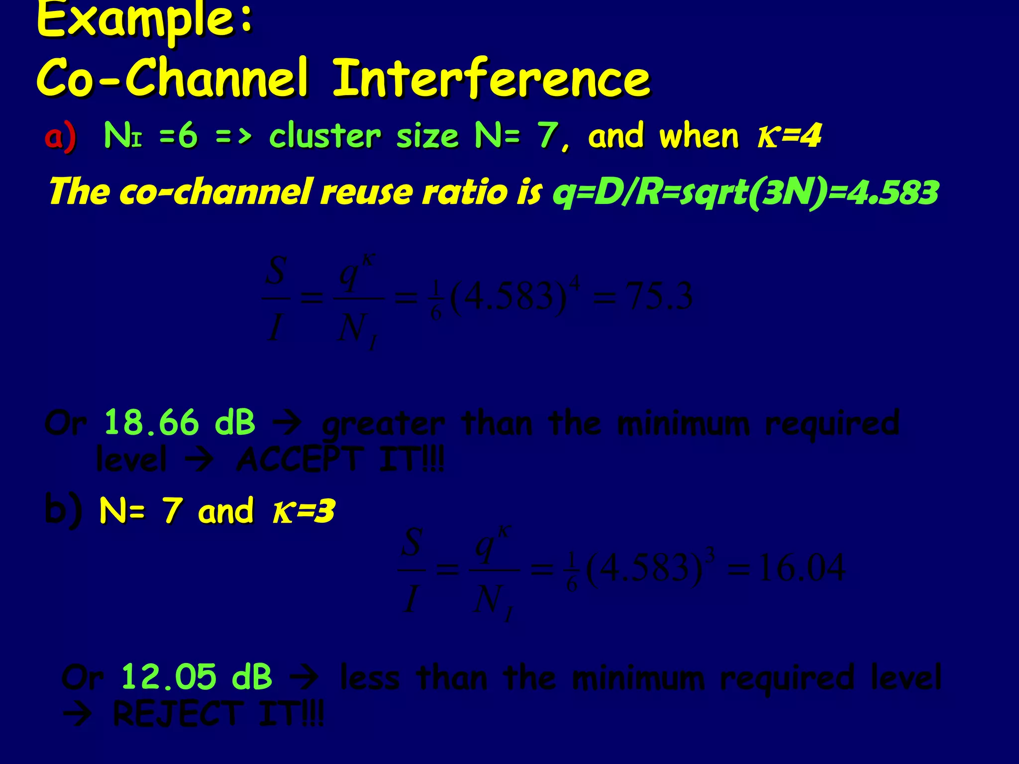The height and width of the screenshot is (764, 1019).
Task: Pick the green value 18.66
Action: coord(151,423)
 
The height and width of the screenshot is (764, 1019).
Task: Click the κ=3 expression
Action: coord(304,511)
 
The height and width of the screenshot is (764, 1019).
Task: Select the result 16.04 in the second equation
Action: coord(801,568)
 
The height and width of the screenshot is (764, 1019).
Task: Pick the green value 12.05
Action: coord(169,677)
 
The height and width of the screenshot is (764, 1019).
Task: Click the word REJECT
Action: coord(178,714)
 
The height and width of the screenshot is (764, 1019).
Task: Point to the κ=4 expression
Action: coord(789,135)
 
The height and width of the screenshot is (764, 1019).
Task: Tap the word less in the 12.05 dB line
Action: coord(370,677)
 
